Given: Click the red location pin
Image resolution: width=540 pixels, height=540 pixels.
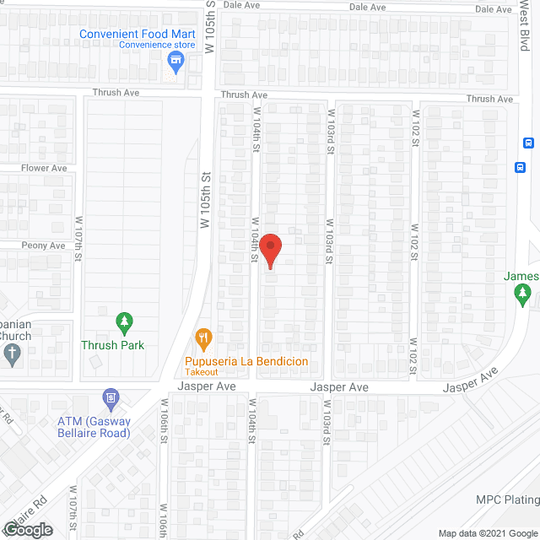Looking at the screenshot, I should coord(269,251).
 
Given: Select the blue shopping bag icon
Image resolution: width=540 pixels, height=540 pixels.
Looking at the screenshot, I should coord(176,60).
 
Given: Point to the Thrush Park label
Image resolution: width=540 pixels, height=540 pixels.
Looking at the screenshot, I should coord(112,345).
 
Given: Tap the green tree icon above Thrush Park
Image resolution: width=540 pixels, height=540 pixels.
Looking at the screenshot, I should coord(124,322).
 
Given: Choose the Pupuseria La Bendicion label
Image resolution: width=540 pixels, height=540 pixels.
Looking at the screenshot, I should coord(247,362).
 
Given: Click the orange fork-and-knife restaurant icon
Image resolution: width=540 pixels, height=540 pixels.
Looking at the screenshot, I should coord(202,339).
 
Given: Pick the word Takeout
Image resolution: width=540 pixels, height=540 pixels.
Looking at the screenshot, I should coord(202,372).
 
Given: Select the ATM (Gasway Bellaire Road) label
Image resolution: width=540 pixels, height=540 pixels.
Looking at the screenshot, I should coord(93,427).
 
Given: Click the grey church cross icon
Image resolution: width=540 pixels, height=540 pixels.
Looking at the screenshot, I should coord(11,355).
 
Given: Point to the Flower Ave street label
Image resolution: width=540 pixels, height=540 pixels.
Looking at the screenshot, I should coord(44,168).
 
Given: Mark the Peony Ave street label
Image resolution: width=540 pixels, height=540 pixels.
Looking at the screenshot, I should coord(43,246).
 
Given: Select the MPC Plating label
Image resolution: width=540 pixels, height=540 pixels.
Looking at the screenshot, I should coord(506,499).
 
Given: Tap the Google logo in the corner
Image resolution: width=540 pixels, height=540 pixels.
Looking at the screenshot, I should coord(26,529).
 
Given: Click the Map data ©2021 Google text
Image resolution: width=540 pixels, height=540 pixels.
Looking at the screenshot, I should coord(487,532).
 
